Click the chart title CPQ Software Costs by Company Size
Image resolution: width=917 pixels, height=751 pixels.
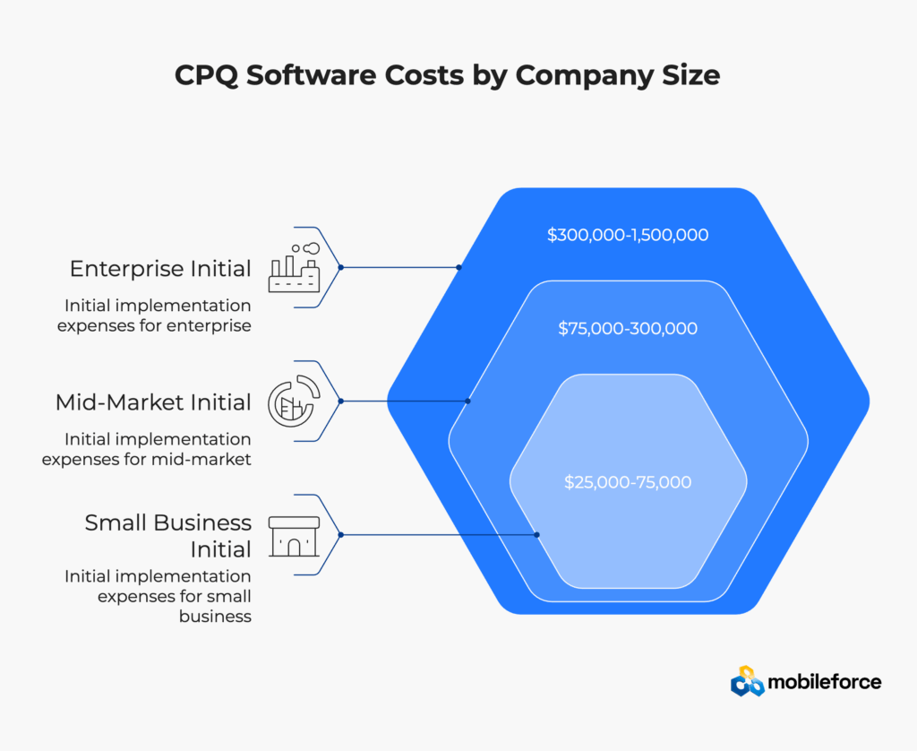click(x=448, y=75)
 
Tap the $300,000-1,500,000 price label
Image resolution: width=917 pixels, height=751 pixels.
click(x=628, y=235)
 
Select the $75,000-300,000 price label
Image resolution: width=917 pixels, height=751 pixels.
click(x=628, y=328)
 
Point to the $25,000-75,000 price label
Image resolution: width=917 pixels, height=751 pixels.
click(x=628, y=482)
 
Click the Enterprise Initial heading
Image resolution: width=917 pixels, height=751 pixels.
click(x=160, y=269)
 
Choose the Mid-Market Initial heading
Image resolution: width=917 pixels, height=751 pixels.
click(x=153, y=402)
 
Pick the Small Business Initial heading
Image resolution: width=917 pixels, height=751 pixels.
click(x=167, y=536)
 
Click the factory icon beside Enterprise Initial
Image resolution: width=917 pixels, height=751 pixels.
click(x=294, y=267)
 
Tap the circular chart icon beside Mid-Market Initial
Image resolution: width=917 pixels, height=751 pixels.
click(x=294, y=401)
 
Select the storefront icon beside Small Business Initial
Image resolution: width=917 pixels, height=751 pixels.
click(x=294, y=536)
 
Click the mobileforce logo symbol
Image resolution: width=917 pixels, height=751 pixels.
click(x=748, y=681)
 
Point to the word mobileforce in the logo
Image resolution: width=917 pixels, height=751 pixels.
click(x=825, y=682)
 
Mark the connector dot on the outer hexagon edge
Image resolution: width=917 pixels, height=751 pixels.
click(x=459, y=267)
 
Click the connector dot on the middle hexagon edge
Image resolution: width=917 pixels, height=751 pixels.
click(x=467, y=401)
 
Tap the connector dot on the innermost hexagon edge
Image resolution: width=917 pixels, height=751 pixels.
click(x=537, y=534)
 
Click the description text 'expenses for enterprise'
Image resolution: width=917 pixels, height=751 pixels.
click(x=154, y=325)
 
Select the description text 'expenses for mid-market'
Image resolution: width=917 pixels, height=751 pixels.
click(x=146, y=459)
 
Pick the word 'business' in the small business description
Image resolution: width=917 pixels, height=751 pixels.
click(x=215, y=617)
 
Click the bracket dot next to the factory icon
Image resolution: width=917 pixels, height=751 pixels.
click(x=341, y=267)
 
